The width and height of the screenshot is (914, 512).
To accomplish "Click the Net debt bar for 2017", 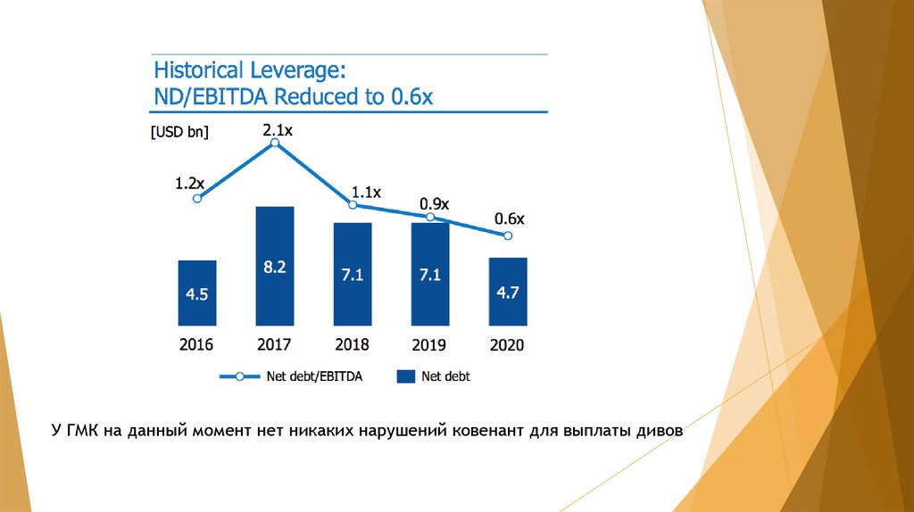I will (x=275, y=266).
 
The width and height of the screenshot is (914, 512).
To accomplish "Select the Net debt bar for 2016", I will (x=197, y=293).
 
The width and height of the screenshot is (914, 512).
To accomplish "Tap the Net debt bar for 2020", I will (x=508, y=292).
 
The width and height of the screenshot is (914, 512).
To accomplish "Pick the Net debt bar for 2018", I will (x=353, y=274).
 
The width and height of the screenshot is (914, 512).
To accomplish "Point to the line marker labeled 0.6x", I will (x=508, y=235).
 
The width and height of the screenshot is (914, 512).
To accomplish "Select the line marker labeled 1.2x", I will (x=197, y=198).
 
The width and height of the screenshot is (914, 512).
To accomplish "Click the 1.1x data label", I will (x=367, y=192).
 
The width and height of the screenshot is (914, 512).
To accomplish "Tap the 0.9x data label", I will (x=434, y=204).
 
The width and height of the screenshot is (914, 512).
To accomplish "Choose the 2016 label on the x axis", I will (x=196, y=345).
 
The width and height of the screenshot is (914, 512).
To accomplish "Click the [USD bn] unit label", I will (x=179, y=132).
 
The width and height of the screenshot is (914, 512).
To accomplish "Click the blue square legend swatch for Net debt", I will (x=406, y=377).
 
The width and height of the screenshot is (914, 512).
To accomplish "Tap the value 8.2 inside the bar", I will (x=275, y=267).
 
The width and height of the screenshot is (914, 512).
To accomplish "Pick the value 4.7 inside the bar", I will (x=508, y=292).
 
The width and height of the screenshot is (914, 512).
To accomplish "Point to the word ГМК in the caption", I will (x=83, y=432).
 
